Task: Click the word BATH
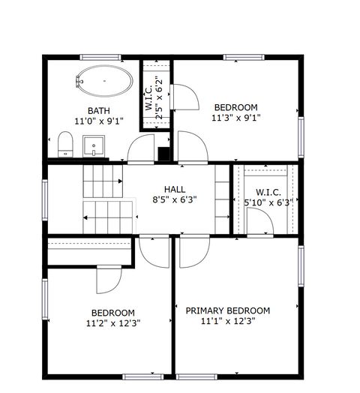97,111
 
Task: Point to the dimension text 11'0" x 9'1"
98,121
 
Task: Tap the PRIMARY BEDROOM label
227,310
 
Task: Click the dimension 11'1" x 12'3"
227,322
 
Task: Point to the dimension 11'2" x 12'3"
113,323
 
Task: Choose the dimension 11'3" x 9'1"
235,117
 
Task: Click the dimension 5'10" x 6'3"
267,202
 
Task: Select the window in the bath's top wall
102,58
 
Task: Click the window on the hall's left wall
44,199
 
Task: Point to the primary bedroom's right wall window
301,266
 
